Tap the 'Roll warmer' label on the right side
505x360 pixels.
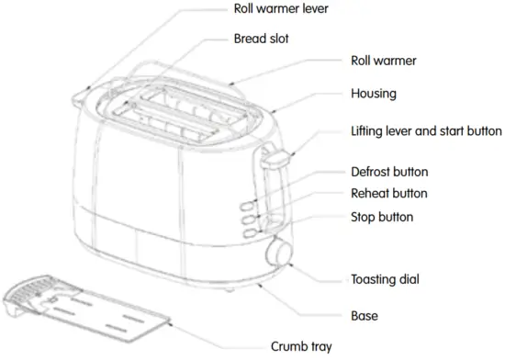383,62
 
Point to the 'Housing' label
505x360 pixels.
374,95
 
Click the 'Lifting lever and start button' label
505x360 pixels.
426,131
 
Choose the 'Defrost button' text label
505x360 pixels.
389,172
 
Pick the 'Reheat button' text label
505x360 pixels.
389,194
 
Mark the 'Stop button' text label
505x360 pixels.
382,218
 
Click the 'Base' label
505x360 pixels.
365,316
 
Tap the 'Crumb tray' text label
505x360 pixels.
302,347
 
